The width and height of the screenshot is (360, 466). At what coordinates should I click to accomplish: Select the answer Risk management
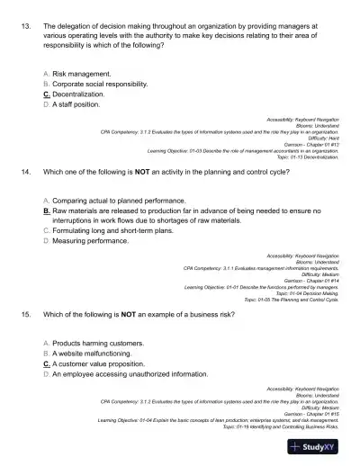pyautogui.click(x=82, y=73)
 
